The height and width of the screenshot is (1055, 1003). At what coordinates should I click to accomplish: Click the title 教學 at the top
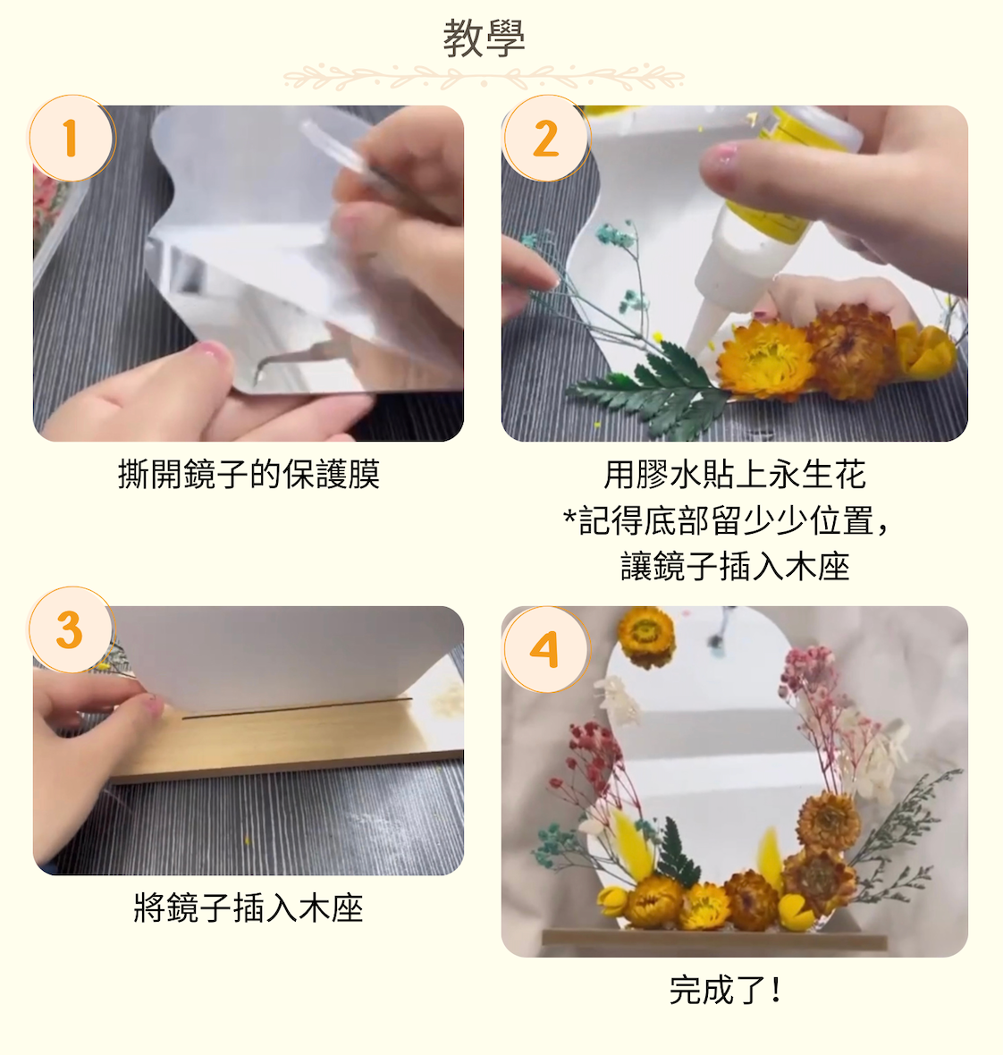tap(484, 38)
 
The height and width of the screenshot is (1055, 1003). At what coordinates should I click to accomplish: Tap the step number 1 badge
tap(72, 139)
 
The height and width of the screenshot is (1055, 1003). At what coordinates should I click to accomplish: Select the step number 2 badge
tap(545, 139)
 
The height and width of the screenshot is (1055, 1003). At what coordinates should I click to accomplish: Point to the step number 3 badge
tap(72, 630)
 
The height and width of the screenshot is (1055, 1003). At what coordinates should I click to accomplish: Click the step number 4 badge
tap(545, 650)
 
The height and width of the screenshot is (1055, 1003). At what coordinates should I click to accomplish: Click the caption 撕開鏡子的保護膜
tap(249, 474)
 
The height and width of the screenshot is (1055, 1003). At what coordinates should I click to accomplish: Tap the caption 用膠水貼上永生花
tap(734, 474)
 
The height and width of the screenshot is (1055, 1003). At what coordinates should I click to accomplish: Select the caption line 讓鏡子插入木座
tap(734, 566)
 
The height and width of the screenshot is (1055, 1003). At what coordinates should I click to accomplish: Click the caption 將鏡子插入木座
tap(249, 907)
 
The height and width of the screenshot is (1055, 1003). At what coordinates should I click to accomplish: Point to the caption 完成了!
tap(726, 990)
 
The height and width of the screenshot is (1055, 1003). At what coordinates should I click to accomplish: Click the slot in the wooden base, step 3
tap(295, 708)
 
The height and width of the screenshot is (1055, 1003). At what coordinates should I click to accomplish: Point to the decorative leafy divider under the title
tap(484, 78)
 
